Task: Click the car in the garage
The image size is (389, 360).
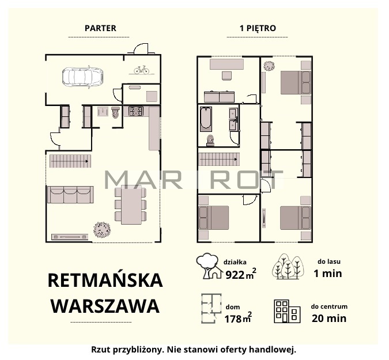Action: click(82, 77)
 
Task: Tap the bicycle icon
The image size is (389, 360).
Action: click(141, 70)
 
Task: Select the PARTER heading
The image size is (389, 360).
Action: click(100, 28)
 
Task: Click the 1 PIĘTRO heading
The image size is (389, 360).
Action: click(258, 28)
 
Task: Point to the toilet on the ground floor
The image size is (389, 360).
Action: click(116, 112)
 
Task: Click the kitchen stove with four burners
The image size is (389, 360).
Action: click(136, 111)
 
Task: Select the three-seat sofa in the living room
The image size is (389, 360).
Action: click(70, 195)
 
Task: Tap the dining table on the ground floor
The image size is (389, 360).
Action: click(131, 205)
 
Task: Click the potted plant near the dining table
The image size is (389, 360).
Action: click(102, 230)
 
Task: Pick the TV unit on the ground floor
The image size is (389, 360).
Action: click(70, 237)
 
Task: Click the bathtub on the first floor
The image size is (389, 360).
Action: click(206, 119)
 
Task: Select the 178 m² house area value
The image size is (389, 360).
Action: click(238, 318)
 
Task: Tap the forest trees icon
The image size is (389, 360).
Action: click(288, 267)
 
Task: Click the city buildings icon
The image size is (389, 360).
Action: click(287, 312)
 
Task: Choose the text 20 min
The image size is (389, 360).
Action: click(329, 319)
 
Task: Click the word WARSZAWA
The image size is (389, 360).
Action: click(105, 306)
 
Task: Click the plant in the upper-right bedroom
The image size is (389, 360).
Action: click(269, 66)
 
